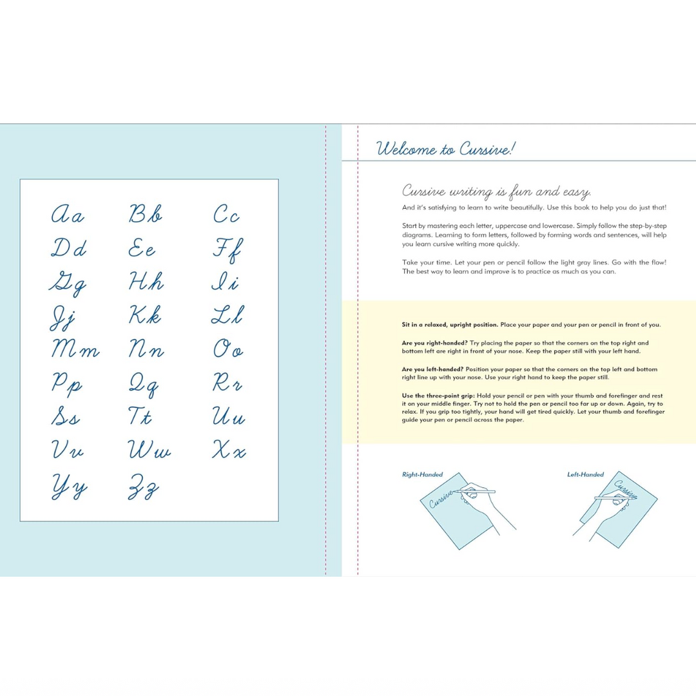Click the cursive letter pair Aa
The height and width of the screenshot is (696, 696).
tap(68, 214)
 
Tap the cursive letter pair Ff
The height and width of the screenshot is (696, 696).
tap(227, 250)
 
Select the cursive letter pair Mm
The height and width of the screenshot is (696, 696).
tap(75, 349)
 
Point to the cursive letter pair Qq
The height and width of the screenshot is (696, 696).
tap(143, 384)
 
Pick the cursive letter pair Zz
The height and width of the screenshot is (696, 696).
tap(143, 487)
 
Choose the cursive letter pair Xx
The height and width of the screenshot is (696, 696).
tap(229, 449)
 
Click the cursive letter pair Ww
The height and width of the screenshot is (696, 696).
tap(149, 449)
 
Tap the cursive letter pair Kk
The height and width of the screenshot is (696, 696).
tap(145, 314)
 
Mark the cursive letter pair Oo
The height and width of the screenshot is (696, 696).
tap(228, 349)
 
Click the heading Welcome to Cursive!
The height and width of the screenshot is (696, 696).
tap(446, 149)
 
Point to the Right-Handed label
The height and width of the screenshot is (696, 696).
tap(422, 474)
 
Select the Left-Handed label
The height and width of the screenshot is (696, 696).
tap(585, 474)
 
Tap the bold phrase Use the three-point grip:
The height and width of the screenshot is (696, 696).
tap(438, 396)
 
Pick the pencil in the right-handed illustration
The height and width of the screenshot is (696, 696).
tap(474, 491)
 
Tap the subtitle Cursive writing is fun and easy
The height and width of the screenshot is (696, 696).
tap(496, 191)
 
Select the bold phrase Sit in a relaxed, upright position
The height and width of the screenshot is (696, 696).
tap(450, 325)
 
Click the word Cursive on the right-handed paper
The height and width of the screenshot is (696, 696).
tap(441, 499)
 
